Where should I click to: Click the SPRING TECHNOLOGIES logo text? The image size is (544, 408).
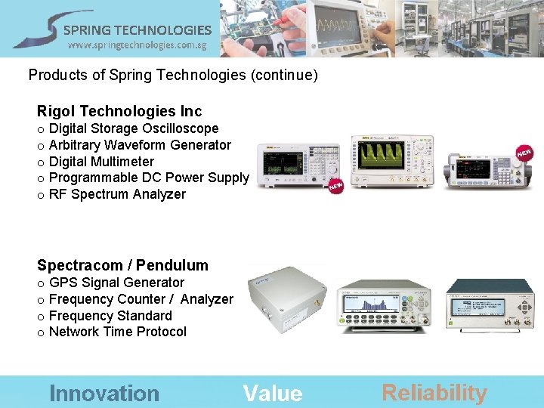[137, 30]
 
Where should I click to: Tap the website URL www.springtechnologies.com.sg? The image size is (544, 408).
[137, 45]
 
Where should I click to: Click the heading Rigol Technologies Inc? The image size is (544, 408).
[119, 112]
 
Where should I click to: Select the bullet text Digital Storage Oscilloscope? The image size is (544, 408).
[133, 128]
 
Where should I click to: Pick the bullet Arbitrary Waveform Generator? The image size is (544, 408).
[140, 145]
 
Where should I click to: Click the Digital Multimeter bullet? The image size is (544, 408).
[101, 162]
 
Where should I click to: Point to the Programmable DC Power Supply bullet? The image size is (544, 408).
[148, 178]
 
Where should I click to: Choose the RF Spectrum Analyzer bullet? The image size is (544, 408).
[117, 194]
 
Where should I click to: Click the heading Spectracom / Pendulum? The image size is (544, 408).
[122, 265]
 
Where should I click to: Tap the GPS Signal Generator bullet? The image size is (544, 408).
[116, 283]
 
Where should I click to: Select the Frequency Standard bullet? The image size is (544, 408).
[110, 316]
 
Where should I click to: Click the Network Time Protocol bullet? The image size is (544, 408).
[117, 332]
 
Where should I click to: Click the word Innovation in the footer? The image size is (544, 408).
[104, 393]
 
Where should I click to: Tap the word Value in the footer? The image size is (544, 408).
[273, 393]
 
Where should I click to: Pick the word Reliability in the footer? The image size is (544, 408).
[434, 393]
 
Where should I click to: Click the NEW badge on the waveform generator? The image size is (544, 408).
[524, 153]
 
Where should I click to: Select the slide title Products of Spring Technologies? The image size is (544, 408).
[173, 76]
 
